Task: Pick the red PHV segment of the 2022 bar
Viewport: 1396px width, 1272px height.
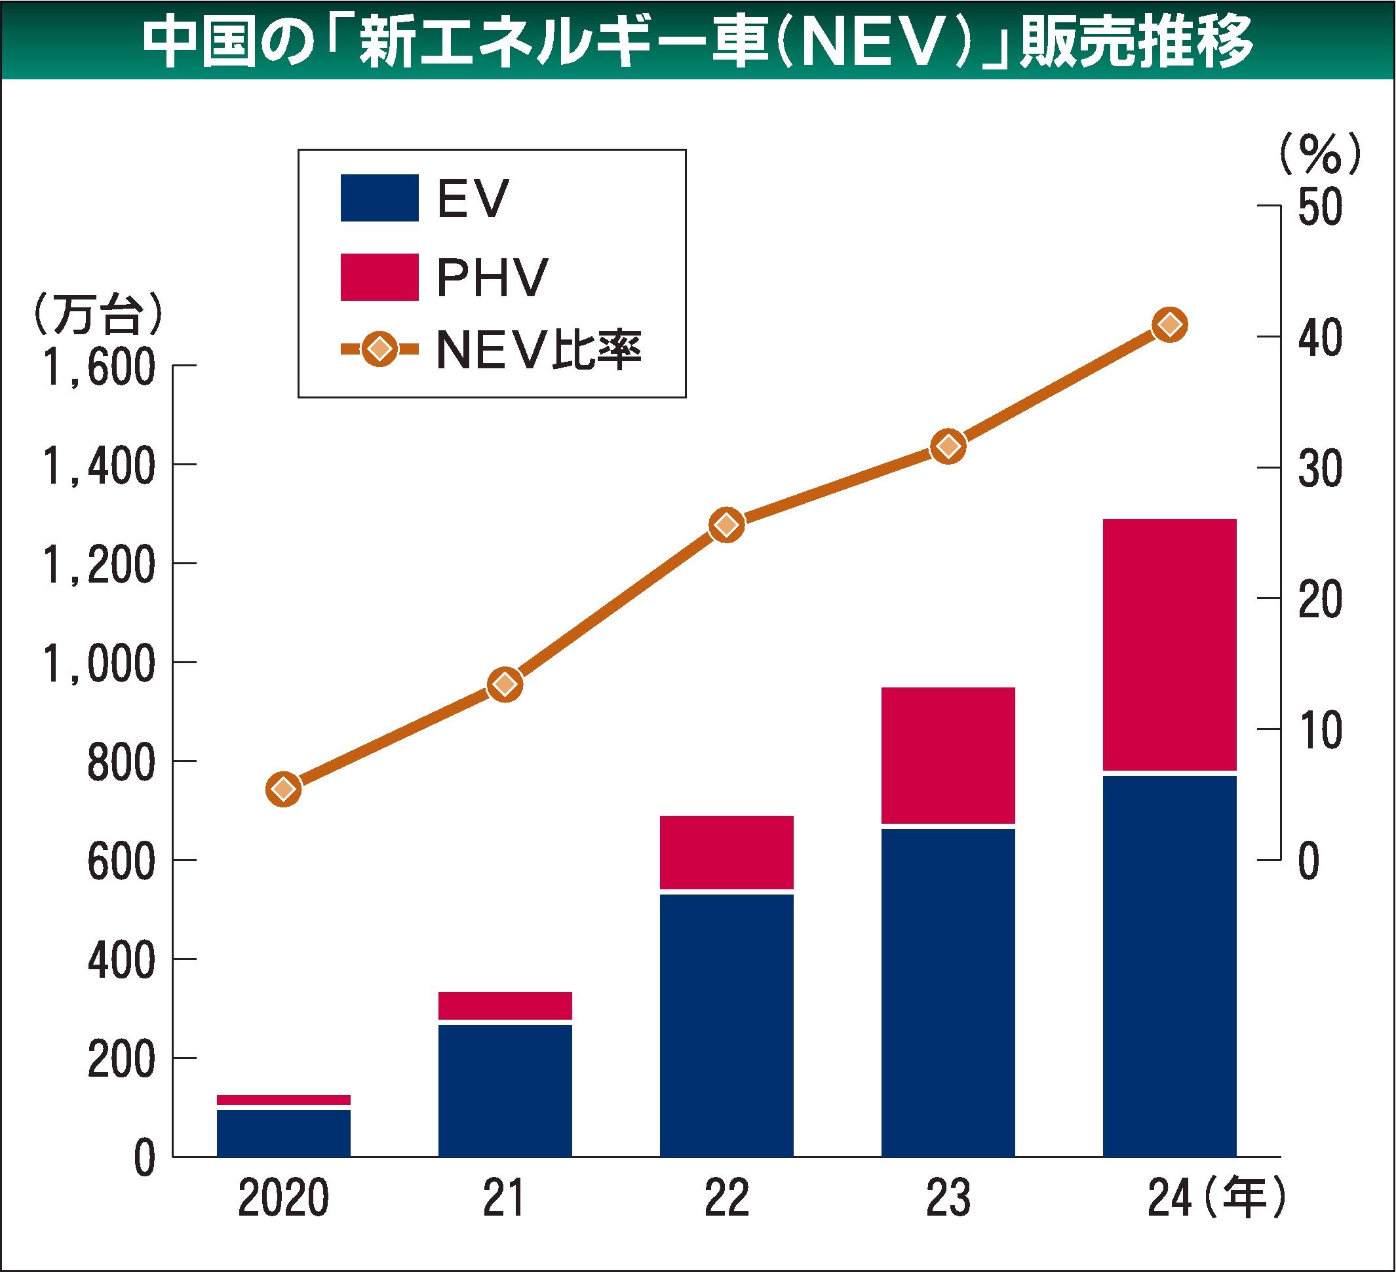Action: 726,852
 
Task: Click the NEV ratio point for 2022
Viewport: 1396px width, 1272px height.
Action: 726,526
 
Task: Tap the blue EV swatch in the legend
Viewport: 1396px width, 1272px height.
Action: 379,198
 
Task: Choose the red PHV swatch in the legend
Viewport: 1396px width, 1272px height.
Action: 379,277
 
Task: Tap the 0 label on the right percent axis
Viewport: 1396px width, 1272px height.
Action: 1308,861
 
